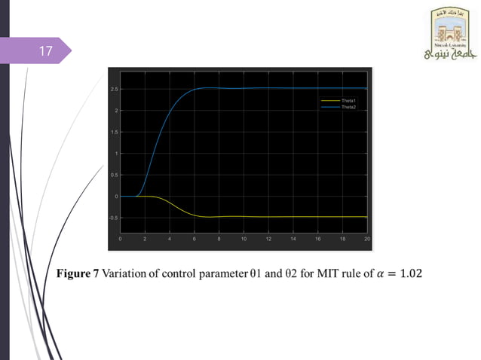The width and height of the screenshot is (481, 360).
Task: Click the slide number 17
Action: tap(45, 52)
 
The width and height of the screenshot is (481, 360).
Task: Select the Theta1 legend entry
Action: tap(348, 100)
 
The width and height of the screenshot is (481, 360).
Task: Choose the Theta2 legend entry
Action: tap(348, 107)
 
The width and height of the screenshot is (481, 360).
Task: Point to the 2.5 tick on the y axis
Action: tap(114, 90)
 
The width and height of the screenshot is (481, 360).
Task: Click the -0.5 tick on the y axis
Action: tap(113, 218)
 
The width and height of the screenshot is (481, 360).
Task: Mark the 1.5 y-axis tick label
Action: tap(114, 133)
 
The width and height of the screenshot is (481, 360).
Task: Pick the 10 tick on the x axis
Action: tap(244, 238)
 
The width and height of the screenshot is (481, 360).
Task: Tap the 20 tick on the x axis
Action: tap(366, 238)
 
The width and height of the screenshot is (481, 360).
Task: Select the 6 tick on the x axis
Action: tap(195, 238)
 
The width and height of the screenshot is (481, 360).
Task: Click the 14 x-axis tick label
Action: tap(293, 238)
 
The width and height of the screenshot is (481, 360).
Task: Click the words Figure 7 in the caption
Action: tap(78, 273)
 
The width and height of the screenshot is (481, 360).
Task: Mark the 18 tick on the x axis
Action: tap(342, 238)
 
